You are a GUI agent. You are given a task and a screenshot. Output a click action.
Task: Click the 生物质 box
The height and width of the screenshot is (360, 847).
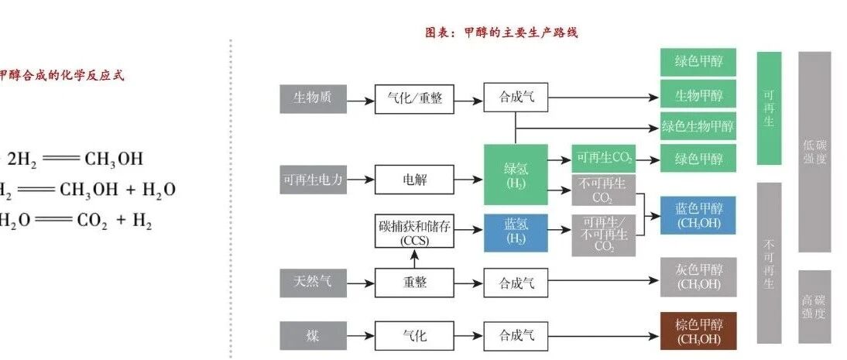313,98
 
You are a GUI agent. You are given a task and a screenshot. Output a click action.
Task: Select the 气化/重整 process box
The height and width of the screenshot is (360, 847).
414,98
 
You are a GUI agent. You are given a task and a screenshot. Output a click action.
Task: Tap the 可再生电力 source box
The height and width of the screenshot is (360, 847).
313,180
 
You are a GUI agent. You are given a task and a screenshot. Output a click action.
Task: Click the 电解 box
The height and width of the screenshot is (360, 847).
414,180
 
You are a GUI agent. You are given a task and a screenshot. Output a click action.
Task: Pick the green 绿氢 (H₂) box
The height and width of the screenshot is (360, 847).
515,174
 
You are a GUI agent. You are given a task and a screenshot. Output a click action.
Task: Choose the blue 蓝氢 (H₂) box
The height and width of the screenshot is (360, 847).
515,231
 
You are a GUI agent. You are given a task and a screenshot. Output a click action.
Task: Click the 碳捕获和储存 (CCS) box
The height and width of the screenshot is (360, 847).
414,231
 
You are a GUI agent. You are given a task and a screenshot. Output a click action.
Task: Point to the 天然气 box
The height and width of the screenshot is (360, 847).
313,282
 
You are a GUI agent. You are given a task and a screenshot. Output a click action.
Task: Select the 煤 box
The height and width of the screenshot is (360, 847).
313,336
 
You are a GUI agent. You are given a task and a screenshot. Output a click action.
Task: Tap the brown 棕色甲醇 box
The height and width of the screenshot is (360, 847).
698,331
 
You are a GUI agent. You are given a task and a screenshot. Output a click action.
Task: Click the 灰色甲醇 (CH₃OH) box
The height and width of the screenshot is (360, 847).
698,277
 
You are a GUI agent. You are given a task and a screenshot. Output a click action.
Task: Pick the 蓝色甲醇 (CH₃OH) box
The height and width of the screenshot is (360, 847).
698,215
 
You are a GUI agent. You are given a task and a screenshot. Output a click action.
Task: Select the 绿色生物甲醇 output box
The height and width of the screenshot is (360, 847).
698,125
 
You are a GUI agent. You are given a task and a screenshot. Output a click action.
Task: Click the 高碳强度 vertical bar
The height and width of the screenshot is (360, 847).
814,306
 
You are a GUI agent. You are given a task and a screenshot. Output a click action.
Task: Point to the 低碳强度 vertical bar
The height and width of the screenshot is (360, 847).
814,152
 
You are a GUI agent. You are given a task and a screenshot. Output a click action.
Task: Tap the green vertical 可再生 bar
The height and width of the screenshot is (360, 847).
769,108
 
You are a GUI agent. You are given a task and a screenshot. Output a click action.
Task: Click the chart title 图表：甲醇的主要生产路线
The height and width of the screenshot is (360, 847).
502,33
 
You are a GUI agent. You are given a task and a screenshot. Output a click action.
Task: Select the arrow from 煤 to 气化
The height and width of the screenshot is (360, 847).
360,336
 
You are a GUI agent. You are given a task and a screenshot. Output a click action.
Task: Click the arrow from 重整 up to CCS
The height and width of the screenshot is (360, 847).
414,259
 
